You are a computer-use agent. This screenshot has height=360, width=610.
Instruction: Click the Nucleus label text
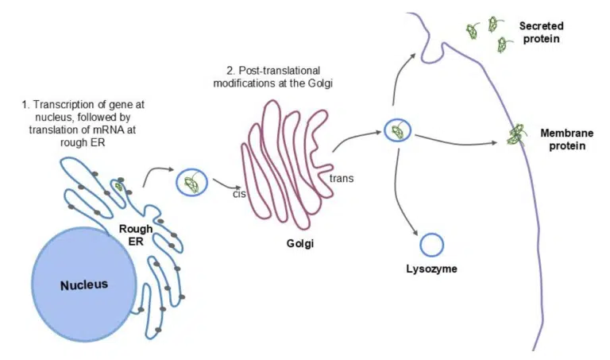[x=83, y=285]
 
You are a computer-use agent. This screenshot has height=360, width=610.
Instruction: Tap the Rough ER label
[x=136, y=235]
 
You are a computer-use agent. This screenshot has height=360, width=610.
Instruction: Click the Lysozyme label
[x=431, y=269]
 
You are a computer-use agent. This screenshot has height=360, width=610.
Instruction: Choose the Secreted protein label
[x=541, y=32]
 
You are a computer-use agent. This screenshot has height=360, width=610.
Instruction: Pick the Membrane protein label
[x=564, y=140]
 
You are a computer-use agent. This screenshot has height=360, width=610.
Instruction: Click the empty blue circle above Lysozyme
[x=431, y=245]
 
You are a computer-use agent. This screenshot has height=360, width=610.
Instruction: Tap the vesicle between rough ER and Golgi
[x=191, y=183]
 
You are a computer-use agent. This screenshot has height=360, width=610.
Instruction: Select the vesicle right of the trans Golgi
[x=396, y=130]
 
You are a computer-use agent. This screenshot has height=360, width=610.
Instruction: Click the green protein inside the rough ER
[x=119, y=187]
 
